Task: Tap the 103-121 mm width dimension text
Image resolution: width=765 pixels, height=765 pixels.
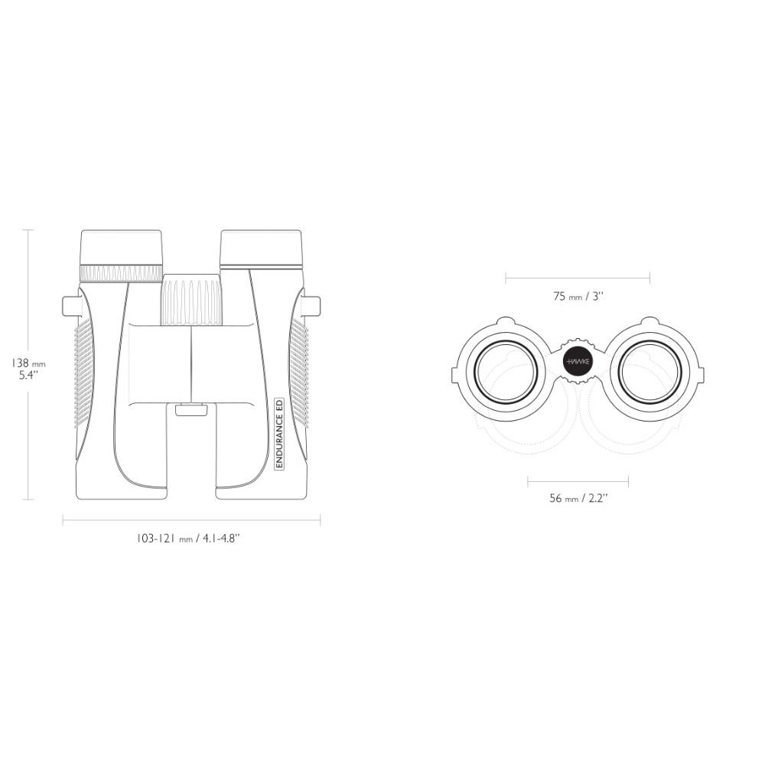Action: pyautogui.click(x=188, y=539)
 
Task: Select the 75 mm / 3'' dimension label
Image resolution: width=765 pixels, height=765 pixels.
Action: pyautogui.click(x=578, y=296)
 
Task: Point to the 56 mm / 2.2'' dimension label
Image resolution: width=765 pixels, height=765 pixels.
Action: pyautogui.click(x=578, y=498)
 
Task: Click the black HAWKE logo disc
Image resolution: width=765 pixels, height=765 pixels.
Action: pyautogui.click(x=578, y=362)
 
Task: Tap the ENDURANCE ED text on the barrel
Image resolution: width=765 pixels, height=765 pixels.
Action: pyautogui.click(x=279, y=434)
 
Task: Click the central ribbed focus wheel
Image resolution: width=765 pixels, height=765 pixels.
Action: pyautogui.click(x=192, y=300)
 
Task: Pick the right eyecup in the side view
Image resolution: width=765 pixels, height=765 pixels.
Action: pyautogui.click(x=261, y=249)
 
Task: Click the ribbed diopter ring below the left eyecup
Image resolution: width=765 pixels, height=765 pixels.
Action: pyautogui.click(x=121, y=273)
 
